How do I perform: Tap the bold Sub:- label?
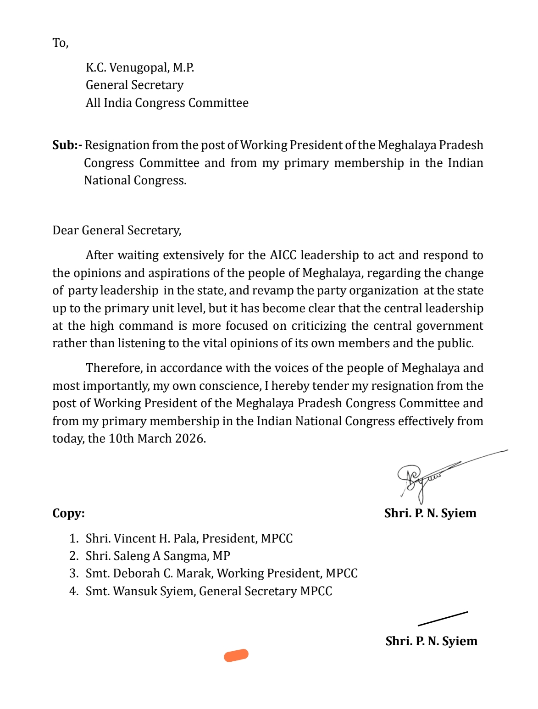point(67,145)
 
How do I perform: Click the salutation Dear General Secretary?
point(116,230)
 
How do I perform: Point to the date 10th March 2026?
point(156,439)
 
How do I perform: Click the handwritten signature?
point(422,479)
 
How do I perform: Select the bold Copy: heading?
point(68,513)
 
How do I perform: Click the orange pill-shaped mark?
point(236,655)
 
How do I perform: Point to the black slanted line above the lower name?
point(443,618)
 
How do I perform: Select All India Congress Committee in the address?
point(167,103)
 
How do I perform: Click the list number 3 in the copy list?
point(74,574)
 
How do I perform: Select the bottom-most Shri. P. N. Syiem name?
point(431,641)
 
